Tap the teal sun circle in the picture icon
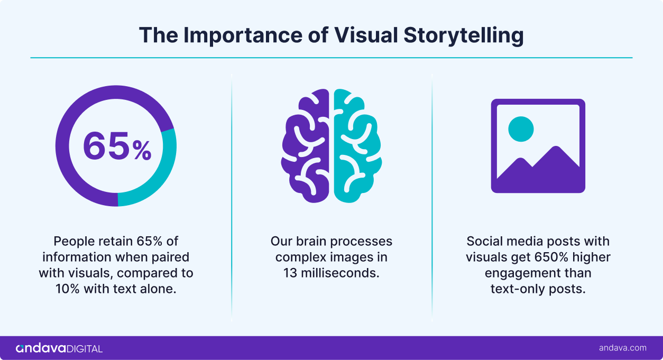(521, 128)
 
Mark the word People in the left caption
(73, 242)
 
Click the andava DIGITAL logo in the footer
(59, 348)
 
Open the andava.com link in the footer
(622, 348)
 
